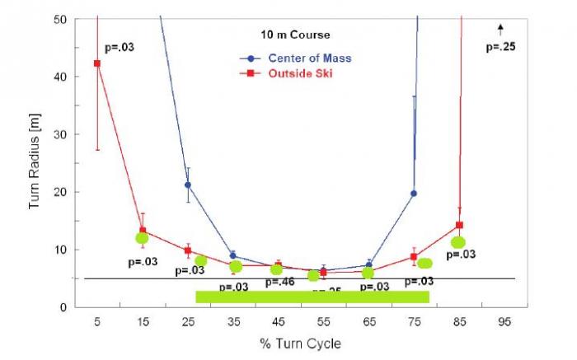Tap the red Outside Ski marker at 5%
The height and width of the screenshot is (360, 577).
[x=97, y=63]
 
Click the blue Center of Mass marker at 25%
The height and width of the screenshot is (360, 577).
[x=188, y=185]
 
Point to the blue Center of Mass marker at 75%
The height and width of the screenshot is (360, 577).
[x=414, y=194]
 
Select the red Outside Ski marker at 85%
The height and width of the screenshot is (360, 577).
[x=459, y=225]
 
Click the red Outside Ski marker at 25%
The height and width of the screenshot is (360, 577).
[x=188, y=250]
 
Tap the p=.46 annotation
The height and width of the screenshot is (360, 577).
[x=279, y=283]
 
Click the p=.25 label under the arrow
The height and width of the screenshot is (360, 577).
[x=500, y=47]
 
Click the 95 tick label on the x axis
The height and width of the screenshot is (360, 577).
[x=504, y=322]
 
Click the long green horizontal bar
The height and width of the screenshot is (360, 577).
[x=312, y=297]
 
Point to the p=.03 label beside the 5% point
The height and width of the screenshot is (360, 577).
[x=120, y=47]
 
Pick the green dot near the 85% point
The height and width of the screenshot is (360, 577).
[x=458, y=242]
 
